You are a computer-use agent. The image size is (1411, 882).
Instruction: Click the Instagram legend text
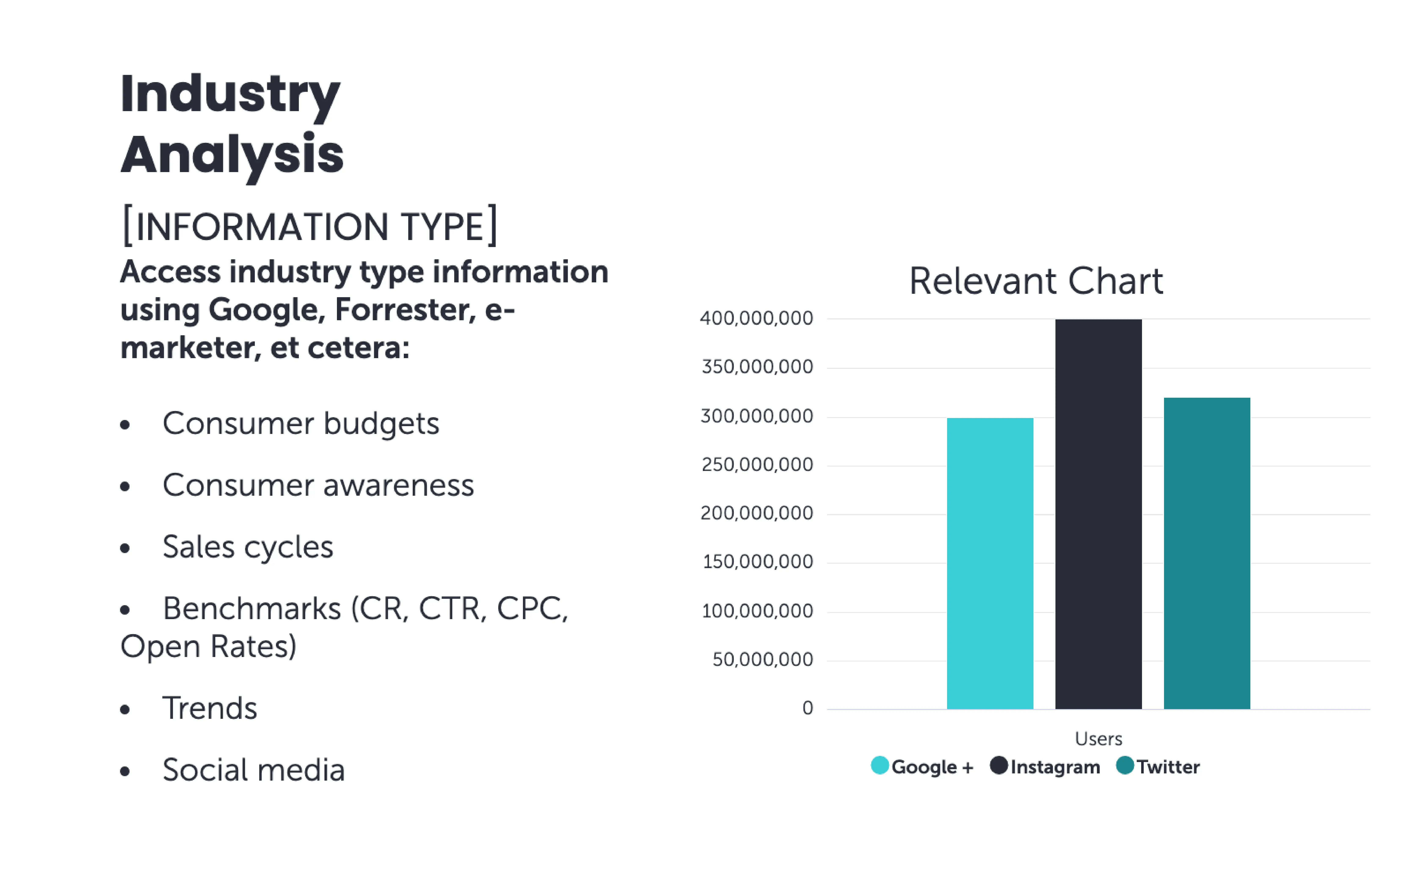tap(1055, 766)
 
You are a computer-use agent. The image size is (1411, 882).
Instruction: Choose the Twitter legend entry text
tap(1168, 766)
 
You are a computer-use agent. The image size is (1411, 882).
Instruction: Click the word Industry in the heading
tap(230, 95)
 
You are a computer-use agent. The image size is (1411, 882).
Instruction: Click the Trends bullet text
tap(209, 708)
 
